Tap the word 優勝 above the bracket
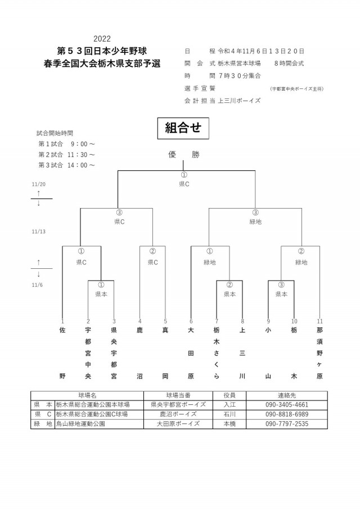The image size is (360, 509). (x=183, y=155)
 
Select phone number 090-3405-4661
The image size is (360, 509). (x=286, y=404)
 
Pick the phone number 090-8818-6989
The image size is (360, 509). (x=286, y=414)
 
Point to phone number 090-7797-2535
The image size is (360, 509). (x=286, y=424)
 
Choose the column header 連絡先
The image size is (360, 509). (x=286, y=395)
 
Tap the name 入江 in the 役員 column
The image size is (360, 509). (x=229, y=404)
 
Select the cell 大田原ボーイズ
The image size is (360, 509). (x=178, y=424)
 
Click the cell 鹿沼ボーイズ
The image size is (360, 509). (x=178, y=414)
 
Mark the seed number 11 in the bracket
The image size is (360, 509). (x=319, y=321)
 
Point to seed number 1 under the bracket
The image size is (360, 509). (x=62, y=321)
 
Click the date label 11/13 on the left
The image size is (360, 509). (x=39, y=231)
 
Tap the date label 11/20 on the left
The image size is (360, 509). (x=39, y=184)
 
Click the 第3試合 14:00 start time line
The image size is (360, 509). (x=66, y=165)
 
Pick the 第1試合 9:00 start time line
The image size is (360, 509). (x=66, y=143)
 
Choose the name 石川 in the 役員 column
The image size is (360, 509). (x=229, y=414)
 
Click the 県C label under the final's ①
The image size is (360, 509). (x=183, y=184)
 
